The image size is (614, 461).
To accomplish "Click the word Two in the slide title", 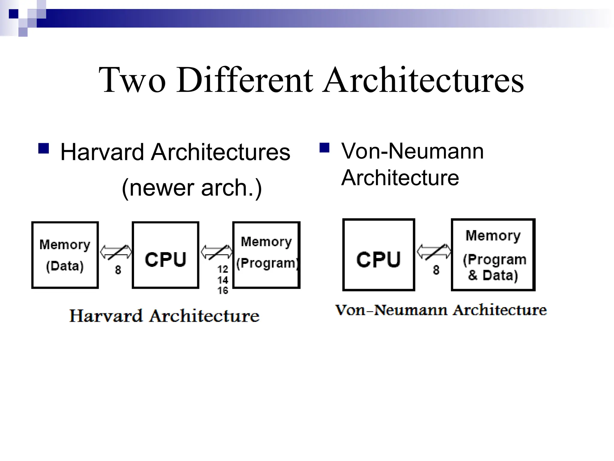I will [132, 80].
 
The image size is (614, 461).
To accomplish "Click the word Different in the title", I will [244, 80].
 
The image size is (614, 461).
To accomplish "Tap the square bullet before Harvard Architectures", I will [44, 149].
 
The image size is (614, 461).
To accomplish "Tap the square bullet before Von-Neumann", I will [324, 148].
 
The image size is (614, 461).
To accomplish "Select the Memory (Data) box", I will [65, 255].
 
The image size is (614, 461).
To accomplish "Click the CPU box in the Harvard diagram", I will [165, 255].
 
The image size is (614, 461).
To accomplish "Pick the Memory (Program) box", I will [267, 255].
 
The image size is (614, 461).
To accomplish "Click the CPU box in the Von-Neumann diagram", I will [379, 255].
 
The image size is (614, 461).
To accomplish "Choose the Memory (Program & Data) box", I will [493, 255].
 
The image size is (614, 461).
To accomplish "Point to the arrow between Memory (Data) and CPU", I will [116, 252].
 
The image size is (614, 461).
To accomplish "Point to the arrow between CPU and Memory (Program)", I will [216, 252].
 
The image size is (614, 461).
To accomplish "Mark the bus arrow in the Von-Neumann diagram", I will [434, 252].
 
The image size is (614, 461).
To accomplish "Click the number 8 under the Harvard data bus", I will [118, 270].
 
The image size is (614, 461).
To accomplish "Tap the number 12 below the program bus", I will [223, 269].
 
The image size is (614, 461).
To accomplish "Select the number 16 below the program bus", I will [223, 290].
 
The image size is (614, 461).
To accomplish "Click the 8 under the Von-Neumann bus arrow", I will [436, 270].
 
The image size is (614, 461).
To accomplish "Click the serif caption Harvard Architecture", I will [164, 316].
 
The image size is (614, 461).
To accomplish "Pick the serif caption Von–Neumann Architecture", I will [441, 310].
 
